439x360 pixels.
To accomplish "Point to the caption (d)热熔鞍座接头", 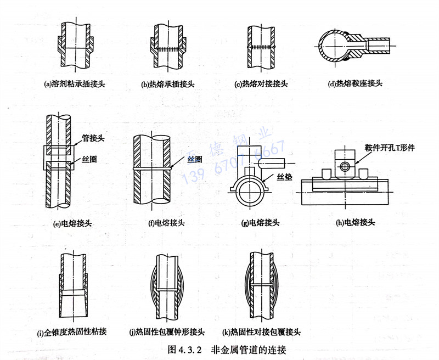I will coord(354,84).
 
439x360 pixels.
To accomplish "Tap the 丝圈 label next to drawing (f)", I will coord(195,159).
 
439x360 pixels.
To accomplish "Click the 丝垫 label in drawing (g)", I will coord(285,177).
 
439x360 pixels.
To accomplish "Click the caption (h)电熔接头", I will coord(349,222).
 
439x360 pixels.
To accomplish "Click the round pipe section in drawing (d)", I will coord(335,45).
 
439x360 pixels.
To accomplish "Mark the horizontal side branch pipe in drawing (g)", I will coord(272,163).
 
